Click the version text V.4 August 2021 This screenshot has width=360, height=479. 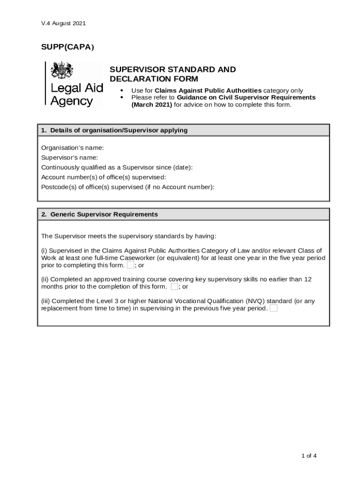click(x=63, y=23)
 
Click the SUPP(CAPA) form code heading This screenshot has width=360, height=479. click(x=67, y=47)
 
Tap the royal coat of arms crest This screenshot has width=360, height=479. click(x=62, y=71)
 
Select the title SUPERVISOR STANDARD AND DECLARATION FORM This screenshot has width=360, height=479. click(x=173, y=74)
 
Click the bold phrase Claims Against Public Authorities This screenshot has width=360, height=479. click(x=208, y=90)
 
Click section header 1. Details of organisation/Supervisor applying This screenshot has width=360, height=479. click(x=114, y=130)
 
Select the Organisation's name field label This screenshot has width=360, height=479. click(x=72, y=147)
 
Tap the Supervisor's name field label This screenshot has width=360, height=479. click(x=70, y=157)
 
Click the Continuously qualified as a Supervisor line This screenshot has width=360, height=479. click(x=116, y=167)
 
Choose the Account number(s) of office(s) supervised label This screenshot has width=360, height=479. click(x=103, y=177)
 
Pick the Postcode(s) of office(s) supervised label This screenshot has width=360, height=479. click(x=128, y=187)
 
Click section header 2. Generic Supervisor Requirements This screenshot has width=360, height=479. click(x=99, y=214)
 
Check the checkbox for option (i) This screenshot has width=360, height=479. click(x=130, y=265)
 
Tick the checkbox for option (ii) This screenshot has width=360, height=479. click(x=174, y=286)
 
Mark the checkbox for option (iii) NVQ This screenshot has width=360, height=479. click(x=274, y=308)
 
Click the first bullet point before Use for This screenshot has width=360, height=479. click(x=122, y=90)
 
